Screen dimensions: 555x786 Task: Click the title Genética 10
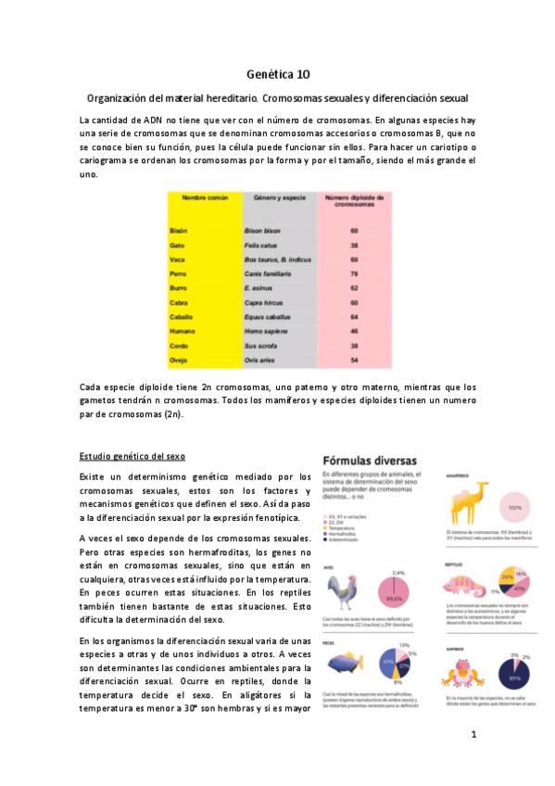point(278,73)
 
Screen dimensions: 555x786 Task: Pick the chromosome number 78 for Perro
point(354,273)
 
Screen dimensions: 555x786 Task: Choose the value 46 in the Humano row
point(354,330)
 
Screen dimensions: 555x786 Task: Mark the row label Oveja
point(181,358)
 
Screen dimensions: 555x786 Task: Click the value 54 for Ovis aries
point(354,358)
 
